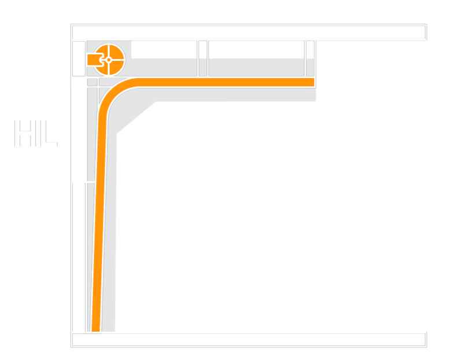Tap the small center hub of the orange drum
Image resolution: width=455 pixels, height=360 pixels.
click(109, 60)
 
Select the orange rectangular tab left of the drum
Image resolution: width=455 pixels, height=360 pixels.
click(94, 60)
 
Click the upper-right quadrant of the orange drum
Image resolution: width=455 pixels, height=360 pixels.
click(116, 52)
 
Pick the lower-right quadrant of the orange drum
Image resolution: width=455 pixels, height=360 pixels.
click(116, 67)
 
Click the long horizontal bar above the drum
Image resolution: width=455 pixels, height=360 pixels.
click(249, 32)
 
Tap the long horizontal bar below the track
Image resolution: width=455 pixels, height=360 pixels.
click(249, 340)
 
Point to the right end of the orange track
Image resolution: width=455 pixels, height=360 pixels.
click(314, 82)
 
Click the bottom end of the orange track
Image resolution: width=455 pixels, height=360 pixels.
click(96, 331)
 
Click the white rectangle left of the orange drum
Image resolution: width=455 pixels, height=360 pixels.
click(79, 58)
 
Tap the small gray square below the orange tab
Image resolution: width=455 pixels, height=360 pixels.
click(93, 82)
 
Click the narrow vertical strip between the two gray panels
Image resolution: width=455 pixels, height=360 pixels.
click(203, 58)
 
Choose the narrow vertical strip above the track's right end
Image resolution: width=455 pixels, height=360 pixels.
click(310, 58)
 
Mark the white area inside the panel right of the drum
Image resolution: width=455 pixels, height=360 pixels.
click(164, 49)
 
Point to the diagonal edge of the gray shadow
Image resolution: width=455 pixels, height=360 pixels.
click(136, 117)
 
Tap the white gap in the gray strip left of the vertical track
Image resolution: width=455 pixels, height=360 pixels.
click(91, 182)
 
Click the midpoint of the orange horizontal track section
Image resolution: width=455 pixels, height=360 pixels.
click(226, 82)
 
